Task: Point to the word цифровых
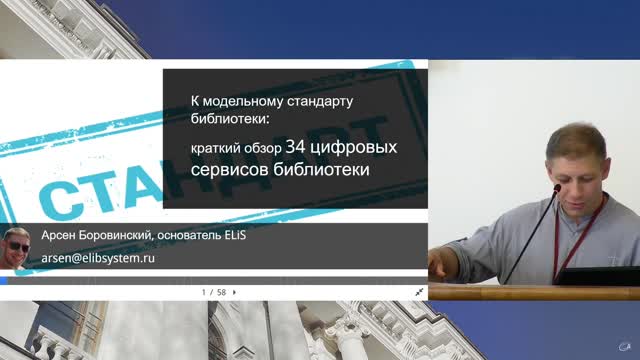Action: [x=354, y=148]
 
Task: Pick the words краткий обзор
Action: [x=236, y=149]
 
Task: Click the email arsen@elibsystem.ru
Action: [x=97, y=257]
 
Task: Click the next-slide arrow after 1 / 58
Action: [x=234, y=292]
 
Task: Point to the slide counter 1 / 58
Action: [x=213, y=292]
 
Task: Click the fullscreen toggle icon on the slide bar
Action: [x=420, y=292]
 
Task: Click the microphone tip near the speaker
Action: [x=557, y=187]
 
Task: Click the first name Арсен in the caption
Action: [x=57, y=236]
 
